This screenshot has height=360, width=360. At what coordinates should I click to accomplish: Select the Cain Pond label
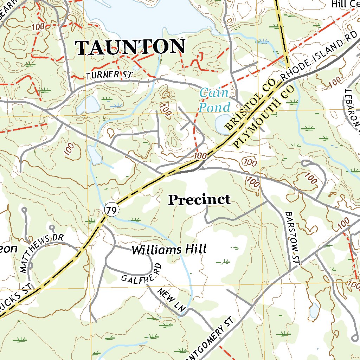click(x=214, y=100)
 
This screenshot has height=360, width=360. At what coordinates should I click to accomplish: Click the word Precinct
click(x=199, y=200)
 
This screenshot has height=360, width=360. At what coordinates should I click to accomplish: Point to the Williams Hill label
click(x=168, y=250)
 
